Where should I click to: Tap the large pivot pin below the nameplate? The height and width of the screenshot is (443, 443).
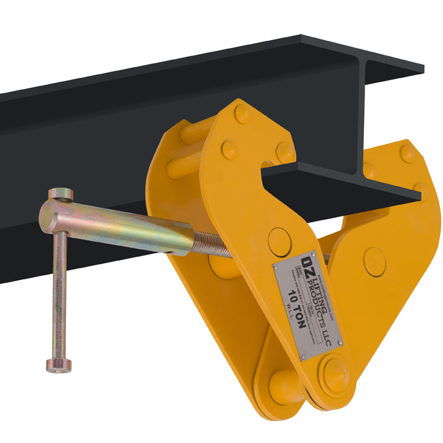point(333,373)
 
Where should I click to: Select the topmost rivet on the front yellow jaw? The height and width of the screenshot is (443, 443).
point(242,114)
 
